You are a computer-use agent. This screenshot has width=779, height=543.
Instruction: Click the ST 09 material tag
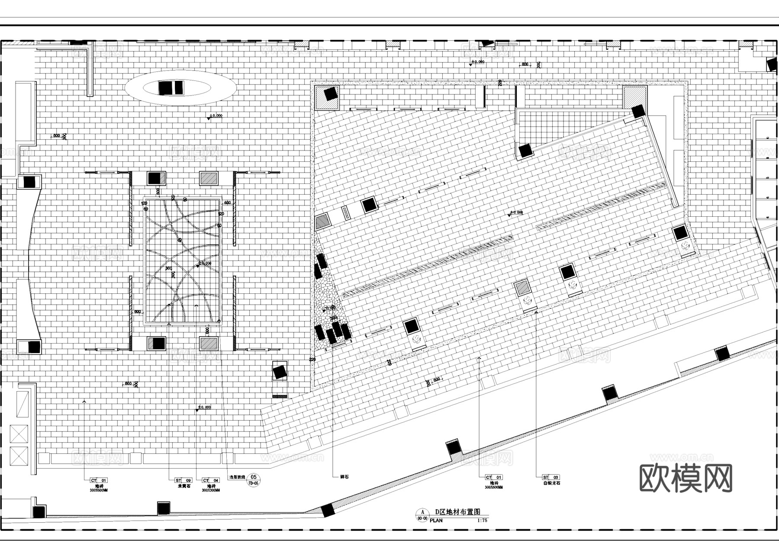tap(183, 480)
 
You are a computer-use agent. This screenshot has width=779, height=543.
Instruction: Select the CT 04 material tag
tap(211, 480)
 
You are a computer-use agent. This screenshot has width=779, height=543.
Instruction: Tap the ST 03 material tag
tap(551, 477)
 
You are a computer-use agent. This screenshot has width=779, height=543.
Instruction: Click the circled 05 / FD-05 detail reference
tap(254, 480)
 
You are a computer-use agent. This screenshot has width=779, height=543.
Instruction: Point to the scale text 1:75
tap(482, 521)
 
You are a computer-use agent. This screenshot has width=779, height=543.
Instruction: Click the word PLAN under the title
tap(436, 521)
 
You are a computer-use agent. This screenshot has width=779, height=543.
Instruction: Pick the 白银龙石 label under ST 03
tap(551, 483)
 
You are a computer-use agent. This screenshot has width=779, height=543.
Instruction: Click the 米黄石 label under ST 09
tap(184, 486)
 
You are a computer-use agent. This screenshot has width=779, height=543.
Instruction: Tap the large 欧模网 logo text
tap(686, 478)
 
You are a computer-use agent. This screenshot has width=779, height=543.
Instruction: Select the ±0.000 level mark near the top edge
tap(477, 62)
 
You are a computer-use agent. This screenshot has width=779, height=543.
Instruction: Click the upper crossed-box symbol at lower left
tap(19, 434)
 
